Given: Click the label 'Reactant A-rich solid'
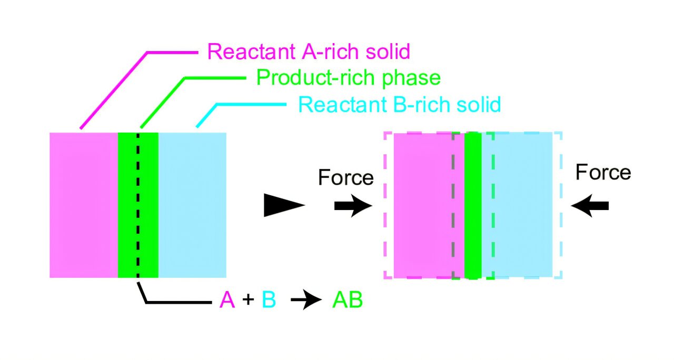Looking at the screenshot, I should tap(308, 52).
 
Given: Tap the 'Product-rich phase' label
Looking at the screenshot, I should tap(348, 78).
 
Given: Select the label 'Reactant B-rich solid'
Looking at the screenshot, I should tap(399, 104).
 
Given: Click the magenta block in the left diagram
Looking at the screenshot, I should tap(84, 205).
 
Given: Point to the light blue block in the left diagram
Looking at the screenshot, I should tap(192, 205).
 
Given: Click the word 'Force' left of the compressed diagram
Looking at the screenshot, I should tap(345, 177).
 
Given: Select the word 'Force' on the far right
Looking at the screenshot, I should tap(603, 172).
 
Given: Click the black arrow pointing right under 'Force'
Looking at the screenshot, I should tap(353, 206).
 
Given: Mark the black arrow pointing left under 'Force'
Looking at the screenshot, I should tap(590, 206).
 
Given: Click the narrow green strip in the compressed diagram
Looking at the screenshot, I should tap(473, 205).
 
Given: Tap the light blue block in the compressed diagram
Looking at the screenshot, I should tap(519, 205).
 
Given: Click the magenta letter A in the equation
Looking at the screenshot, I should tap(227, 301).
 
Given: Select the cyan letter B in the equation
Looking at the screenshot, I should tap(269, 301).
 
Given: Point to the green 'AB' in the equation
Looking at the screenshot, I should tap(347, 301).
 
